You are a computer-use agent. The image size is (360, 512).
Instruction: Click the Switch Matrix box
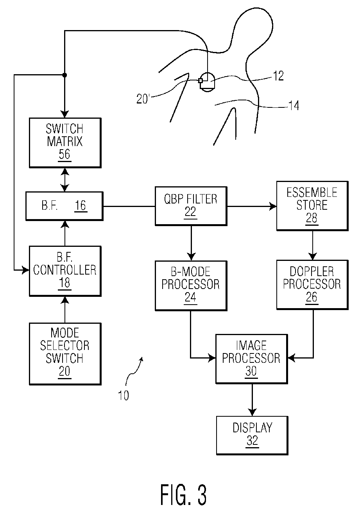pyautogui.click(x=64, y=142)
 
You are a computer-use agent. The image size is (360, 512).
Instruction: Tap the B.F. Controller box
pyautogui.click(x=64, y=271)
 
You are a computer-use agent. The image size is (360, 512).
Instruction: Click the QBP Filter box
pyautogui.click(x=191, y=205)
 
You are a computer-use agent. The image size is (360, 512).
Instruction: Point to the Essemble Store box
pyautogui.click(x=312, y=205)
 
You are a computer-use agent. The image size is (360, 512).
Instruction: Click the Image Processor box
pyautogui.click(x=251, y=359)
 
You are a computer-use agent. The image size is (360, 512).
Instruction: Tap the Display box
pyautogui.click(x=252, y=434)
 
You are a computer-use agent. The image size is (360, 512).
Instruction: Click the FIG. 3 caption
pyautogui.click(x=183, y=494)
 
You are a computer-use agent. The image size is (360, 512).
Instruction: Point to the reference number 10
pyautogui.click(x=124, y=396)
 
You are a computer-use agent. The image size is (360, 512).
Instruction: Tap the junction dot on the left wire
pyautogui.click(x=64, y=75)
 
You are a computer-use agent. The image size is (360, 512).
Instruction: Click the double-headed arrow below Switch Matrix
pyautogui.click(x=64, y=179)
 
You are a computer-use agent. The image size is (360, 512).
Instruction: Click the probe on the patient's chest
pyautogui.click(x=207, y=81)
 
